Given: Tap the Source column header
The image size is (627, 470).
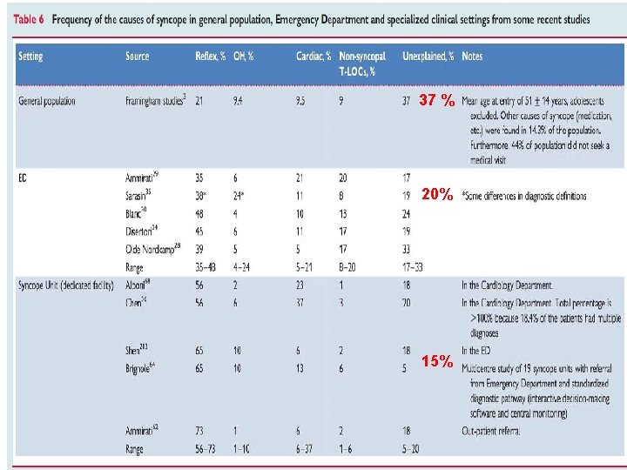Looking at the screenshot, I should [138, 57].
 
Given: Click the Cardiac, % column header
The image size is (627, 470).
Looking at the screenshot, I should [313, 57].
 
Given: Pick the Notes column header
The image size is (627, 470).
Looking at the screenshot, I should [473, 57].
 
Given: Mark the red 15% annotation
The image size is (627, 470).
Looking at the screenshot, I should [436, 360].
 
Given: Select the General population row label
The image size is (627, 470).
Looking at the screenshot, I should [59, 101].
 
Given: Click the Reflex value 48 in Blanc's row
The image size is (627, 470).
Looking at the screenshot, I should [200, 213].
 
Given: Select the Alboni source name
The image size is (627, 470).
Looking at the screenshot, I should [138, 285].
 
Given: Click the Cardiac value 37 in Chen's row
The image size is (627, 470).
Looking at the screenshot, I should [300, 302].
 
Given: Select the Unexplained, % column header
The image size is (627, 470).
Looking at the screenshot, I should [428, 57].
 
